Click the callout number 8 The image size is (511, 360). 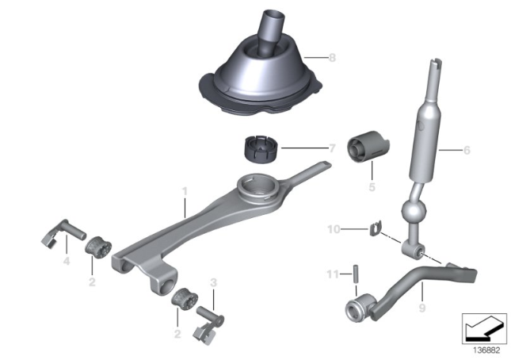(332, 58)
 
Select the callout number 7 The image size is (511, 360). (332, 148)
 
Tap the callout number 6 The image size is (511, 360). (467, 151)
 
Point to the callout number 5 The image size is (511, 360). (372, 187)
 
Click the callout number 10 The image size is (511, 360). (334, 229)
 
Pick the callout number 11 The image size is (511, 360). (333, 274)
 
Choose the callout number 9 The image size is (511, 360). (422, 308)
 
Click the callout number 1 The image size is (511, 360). (185, 191)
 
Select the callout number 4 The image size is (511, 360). (67, 261)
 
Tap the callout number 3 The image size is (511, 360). (213, 282)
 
